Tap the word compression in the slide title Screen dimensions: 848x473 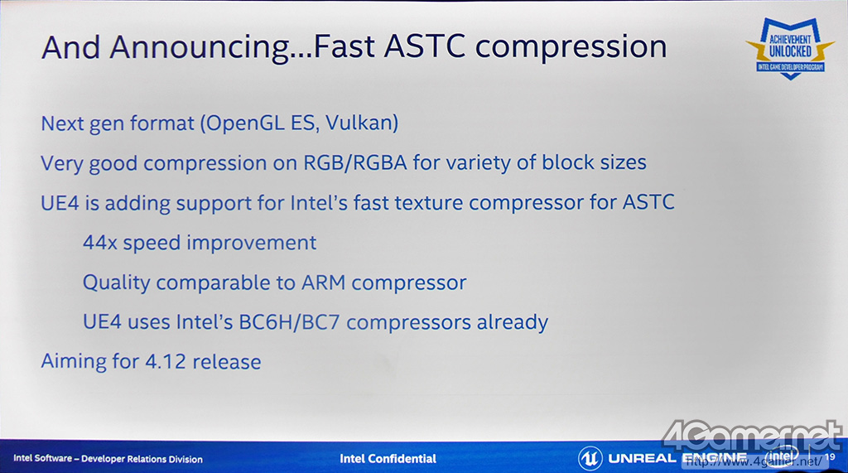(x=571, y=47)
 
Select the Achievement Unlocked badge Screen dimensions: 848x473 (x=790, y=48)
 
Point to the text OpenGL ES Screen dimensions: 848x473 (x=262, y=123)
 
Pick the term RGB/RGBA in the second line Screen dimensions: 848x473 (x=354, y=162)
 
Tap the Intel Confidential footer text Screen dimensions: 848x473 (x=388, y=459)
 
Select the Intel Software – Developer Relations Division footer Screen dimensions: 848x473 (x=108, y=459)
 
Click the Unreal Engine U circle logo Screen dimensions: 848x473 (x=590, y=458)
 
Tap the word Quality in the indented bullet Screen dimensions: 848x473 (x=116, y=283)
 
